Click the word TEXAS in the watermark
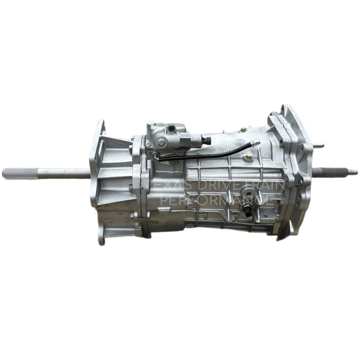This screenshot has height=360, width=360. pyautogui.click(x=169, y=186)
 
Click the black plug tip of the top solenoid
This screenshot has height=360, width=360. pyautogui.click(x=208, y=141)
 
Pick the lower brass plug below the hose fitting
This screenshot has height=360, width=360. pyautogui.click(x=248, y=157)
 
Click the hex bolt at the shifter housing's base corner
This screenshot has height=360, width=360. pyautogui.click(x=148, y=145)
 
